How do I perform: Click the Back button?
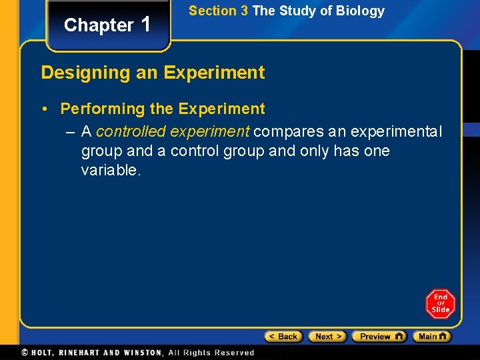(x=283, y=337)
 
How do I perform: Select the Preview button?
(x=379, y=337)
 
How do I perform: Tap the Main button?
(x=432, y=337)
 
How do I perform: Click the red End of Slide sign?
(x=440, y=304)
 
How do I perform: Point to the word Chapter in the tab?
(x=99, y=25)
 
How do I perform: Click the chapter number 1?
(x=147, y=24)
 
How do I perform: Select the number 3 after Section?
(x=244, y=11)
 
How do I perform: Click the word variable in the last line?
(x=109, y=170)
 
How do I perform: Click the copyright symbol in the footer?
(x=25, y=352)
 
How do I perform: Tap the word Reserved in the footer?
(x=233, y=352)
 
